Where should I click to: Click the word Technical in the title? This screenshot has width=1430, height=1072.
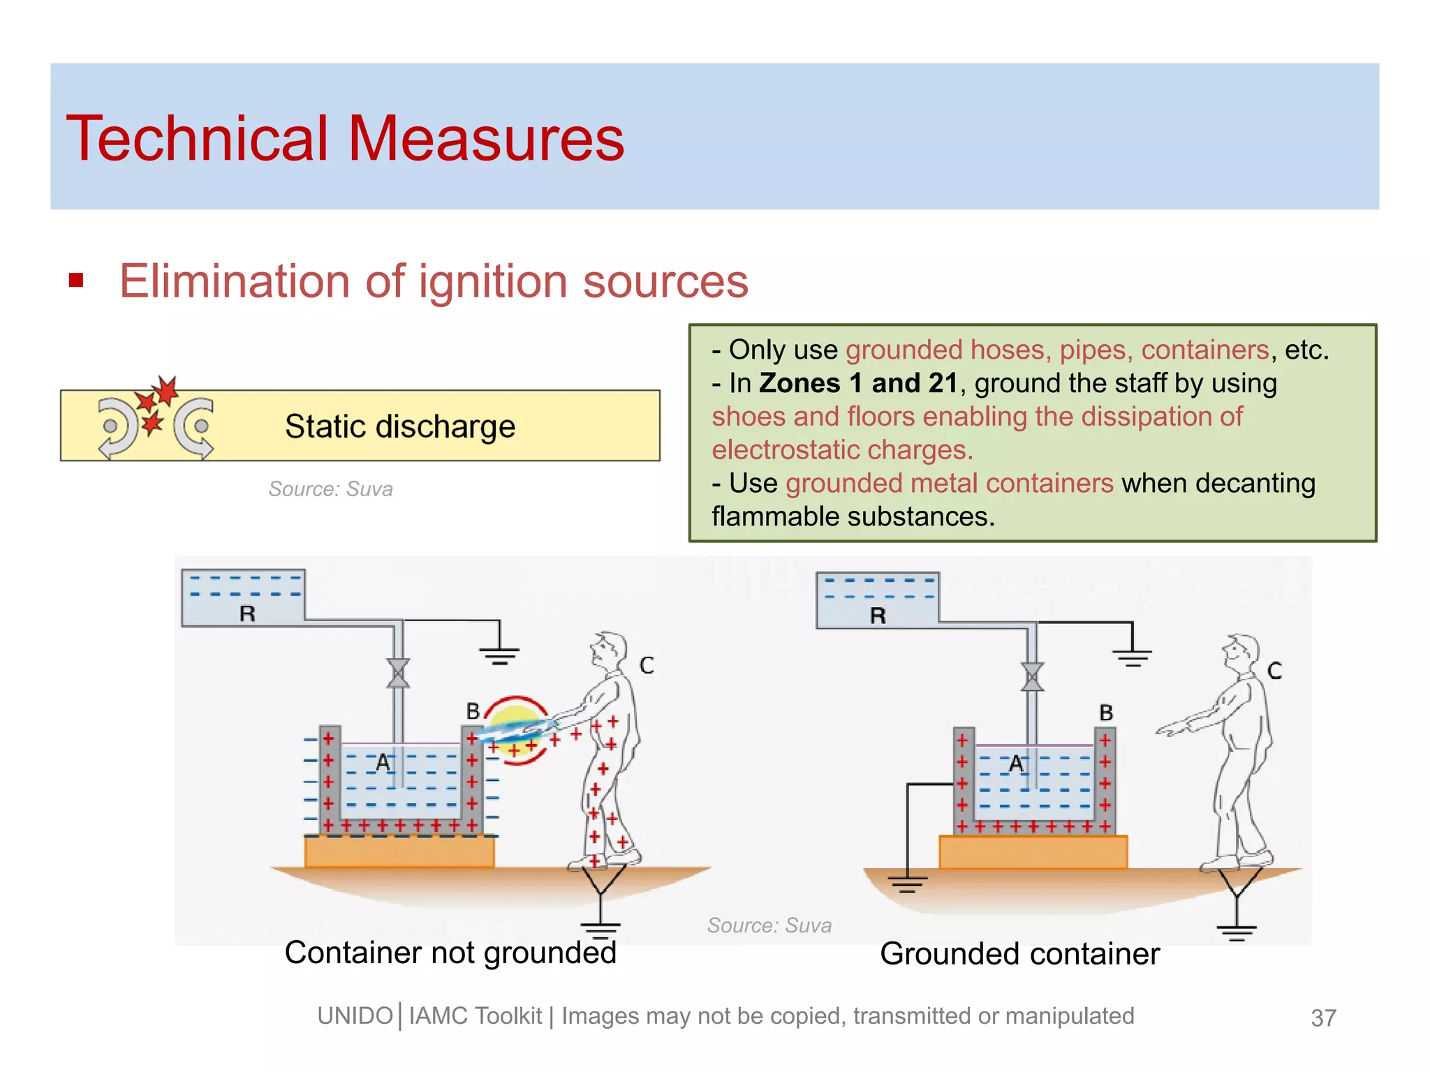(x=196, y=139)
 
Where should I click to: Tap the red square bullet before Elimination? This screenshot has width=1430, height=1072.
(x=76, y=281)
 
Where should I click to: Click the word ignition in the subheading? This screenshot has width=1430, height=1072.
(x=493, y=282)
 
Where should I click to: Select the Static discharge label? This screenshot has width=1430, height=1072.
(x=400, y=426)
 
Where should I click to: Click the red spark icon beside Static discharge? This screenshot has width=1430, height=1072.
(x=156, y=405)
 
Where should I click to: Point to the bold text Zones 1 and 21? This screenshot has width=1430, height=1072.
(x=858, y=383)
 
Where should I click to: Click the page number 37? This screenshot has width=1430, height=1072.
(x=1323, y=1018)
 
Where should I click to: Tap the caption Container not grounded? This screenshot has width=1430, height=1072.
(x=450, y=953)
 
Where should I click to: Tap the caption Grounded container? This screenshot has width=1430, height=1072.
(x=1019, y=954)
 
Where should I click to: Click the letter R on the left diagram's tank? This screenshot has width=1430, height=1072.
(x=247, y=614)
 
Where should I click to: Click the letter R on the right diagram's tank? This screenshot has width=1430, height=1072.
(x=878, y=616)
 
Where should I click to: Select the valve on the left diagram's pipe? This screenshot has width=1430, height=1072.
(x=398, y=673)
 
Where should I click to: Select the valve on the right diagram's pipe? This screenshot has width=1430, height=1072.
(x=1032, y=677)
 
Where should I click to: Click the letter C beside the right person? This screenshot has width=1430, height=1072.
(x=1275, y=671)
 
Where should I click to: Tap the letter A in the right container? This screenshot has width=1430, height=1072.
(x=1016, y=765)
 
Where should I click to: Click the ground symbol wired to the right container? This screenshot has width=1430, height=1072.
(x=907, y=884)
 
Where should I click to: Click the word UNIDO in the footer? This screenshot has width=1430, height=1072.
(x=355, y=1016)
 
